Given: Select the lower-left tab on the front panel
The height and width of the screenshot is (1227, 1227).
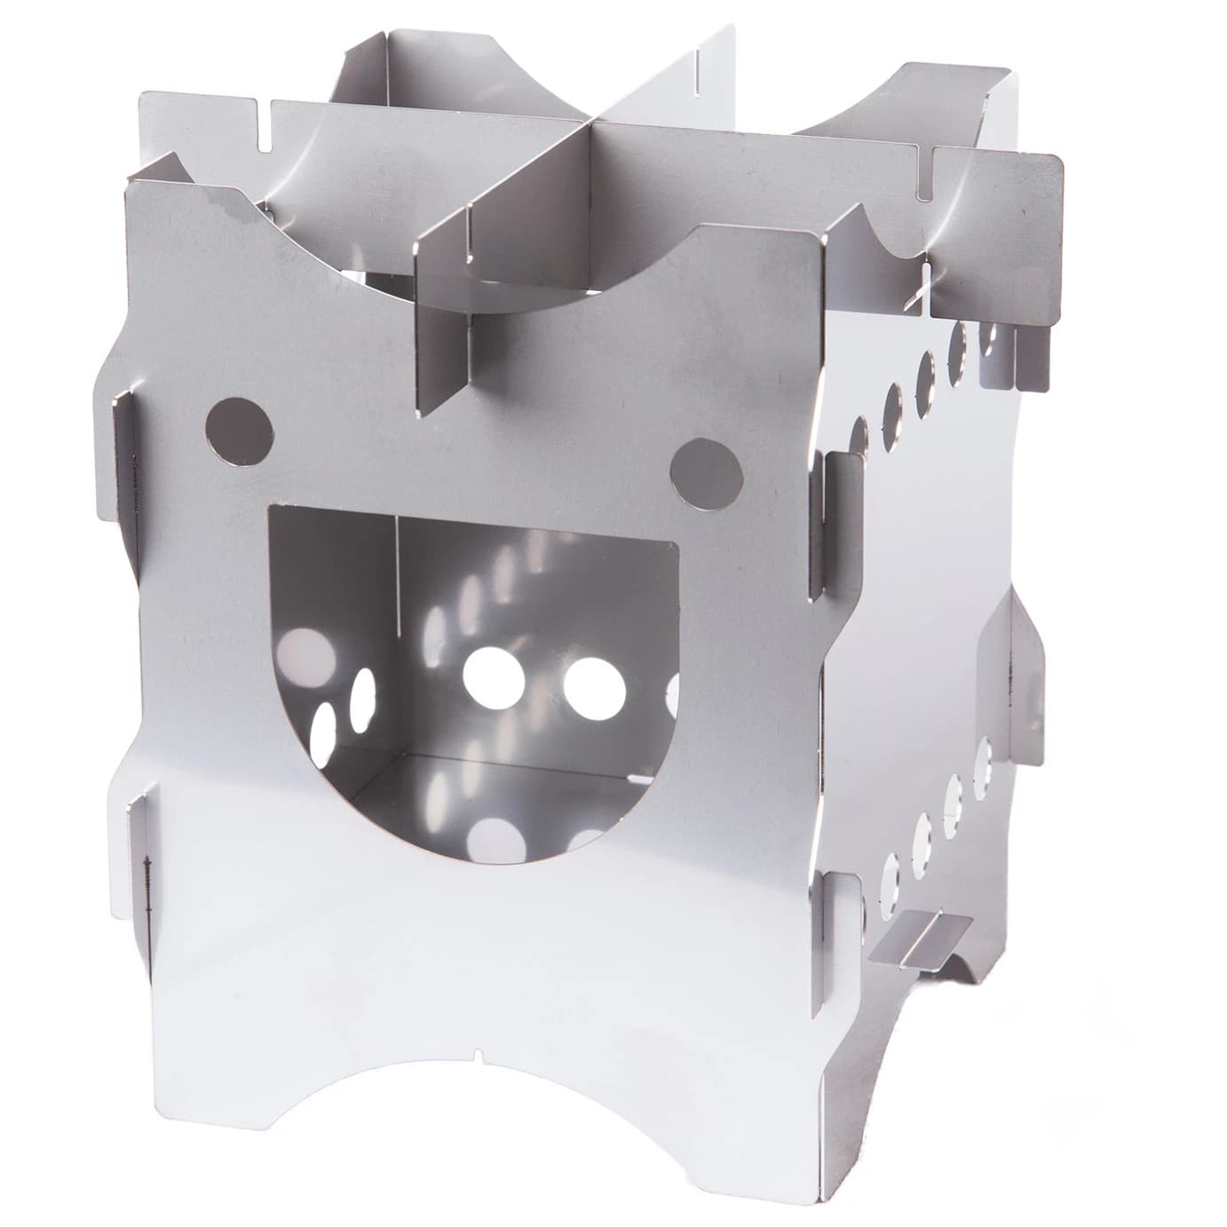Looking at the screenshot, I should click(x=142, y=852).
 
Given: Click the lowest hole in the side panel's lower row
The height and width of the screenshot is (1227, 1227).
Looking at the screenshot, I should click(x=891, y=879).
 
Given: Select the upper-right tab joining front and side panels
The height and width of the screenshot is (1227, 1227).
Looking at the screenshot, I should click(x=821, y=524).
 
